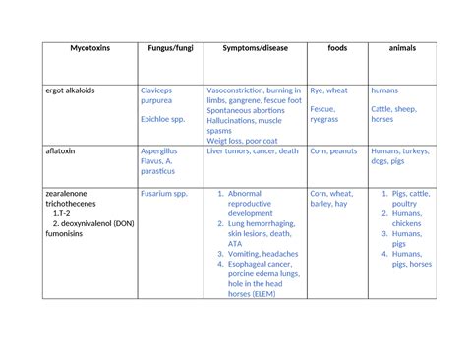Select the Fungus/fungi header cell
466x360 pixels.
tap(170, 48)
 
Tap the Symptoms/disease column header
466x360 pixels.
tap(254, 48)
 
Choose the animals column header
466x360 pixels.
tap(401, 48)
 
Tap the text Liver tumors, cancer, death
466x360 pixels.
tap(253, 151)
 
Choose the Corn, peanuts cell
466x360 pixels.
tap(333, 151)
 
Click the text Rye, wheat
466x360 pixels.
tap(328, 90)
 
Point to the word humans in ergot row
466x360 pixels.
tap(385, 90)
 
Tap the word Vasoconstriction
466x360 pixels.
tap(240, 90)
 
